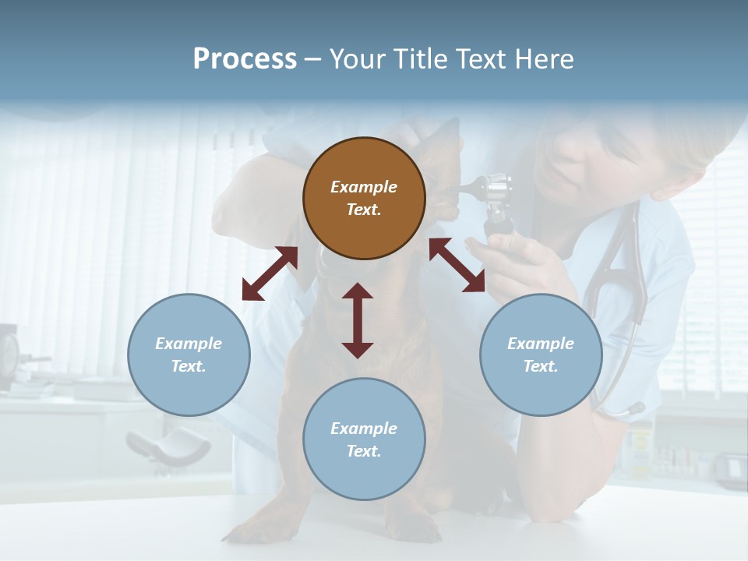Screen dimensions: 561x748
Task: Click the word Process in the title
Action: point(245,59)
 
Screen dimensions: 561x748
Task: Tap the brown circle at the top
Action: point(364,198)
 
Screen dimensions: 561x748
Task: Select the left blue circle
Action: point(189,355)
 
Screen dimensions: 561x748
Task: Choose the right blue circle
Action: point(541,355)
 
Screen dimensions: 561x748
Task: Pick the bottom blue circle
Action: point(364,439)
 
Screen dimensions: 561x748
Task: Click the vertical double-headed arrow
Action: point(358,320)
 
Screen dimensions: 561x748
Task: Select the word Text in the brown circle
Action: point(363,210)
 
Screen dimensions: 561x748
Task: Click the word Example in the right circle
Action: point(541,344)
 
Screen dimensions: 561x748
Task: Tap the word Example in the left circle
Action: point(189,344)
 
